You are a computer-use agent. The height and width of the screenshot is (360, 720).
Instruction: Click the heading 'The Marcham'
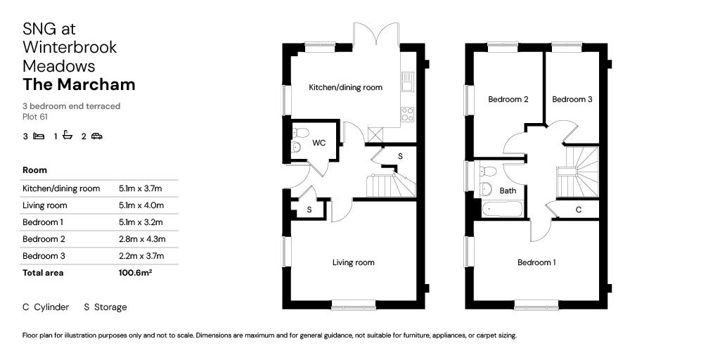79,85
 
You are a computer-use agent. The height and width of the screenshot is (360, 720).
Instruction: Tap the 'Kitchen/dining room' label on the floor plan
345,88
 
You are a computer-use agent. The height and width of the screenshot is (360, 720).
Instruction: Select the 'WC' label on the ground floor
319,143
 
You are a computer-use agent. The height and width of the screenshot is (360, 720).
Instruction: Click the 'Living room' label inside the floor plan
353,263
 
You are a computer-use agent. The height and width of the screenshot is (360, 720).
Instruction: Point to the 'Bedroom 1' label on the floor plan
536,263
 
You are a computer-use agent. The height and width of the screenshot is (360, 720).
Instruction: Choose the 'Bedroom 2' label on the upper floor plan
508,100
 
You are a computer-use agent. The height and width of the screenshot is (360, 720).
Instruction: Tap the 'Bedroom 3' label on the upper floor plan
572,100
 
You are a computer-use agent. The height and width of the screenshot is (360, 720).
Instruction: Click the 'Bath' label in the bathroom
508,191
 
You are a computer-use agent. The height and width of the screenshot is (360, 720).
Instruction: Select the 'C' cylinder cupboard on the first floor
578,210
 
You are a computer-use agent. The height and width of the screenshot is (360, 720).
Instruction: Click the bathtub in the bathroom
502,209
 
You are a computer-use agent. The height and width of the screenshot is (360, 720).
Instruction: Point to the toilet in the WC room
300,132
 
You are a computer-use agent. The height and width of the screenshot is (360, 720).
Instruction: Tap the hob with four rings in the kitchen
407,115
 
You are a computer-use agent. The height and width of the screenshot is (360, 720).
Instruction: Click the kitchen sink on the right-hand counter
407,83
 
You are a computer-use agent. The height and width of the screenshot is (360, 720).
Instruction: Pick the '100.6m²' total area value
135,273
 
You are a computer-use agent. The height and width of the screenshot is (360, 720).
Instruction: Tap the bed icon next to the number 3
39,136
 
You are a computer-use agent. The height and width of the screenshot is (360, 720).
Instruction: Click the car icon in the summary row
96,136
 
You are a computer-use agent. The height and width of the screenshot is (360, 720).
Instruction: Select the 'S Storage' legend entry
105,307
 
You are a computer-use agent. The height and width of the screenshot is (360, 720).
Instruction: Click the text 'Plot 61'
34,117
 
